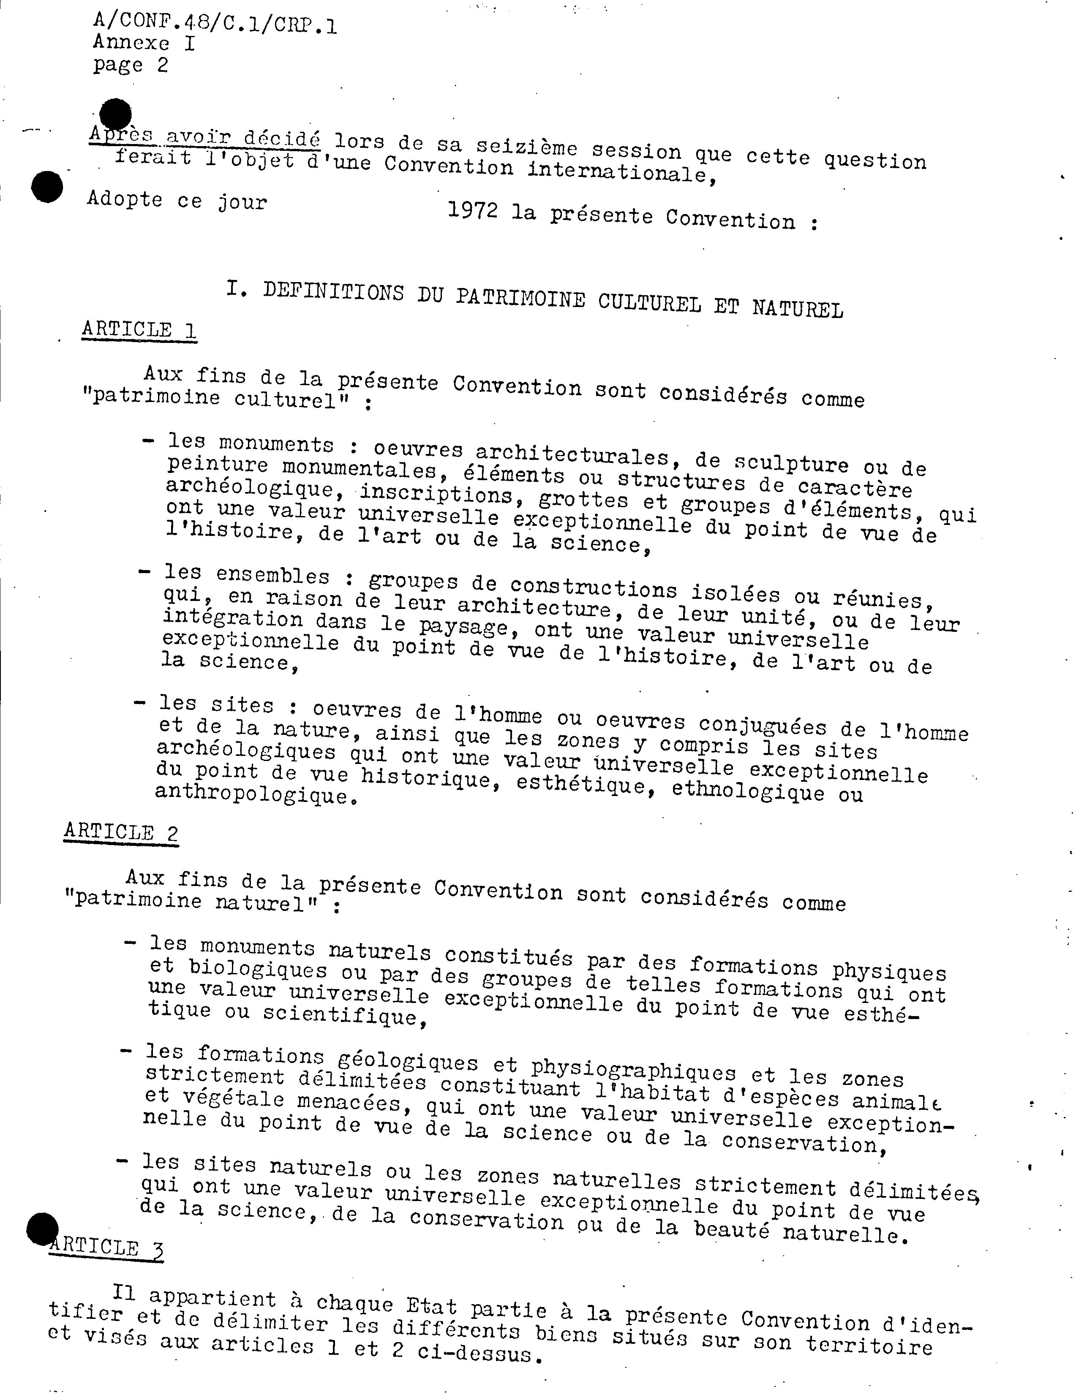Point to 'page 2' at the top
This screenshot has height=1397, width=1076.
(x=131, y=65)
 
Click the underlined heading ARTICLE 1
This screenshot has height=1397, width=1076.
(x=139, y=330)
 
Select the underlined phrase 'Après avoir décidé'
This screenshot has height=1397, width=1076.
(x=205, y=136)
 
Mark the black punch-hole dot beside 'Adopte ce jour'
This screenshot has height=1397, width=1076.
(x=47, y=187)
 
